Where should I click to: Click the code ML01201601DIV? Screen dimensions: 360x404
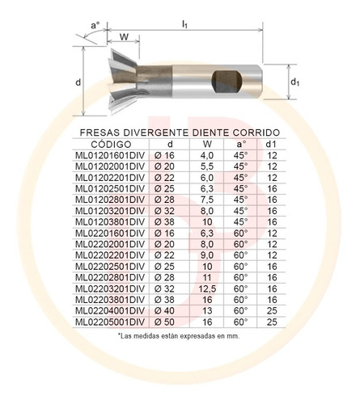pyautogui.click(x=110, y=155)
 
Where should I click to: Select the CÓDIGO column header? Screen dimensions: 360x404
pyautogui.click(x=111, y=145)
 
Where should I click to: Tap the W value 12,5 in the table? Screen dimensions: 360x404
pyautogui.click(x=207, y=288)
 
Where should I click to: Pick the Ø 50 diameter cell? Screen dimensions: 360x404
pyautogui.click(x=164, y=322)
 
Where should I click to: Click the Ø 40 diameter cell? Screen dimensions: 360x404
pyautogui.click(x=164, y=311)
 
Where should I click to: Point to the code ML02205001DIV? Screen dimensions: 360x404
pyautogui.click(x=110, y=322)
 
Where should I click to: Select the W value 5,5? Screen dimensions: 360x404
pyautogui.click(x=207, y=166)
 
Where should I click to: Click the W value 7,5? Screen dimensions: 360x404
pyautogui.click(x=207, y=200)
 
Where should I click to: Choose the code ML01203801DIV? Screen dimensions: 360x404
pyautogui.click(x=110, y=222)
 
